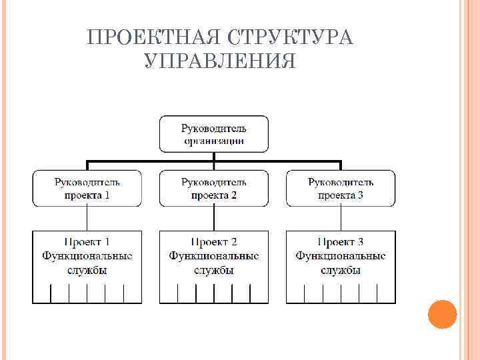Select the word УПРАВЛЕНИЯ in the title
[220, 61]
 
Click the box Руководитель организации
[213, 133]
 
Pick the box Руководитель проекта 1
[87, 188]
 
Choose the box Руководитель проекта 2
[213, 188]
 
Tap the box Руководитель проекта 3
[341, 188]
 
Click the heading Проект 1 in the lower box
[87, 241]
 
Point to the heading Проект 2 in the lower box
[214, 241]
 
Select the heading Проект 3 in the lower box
[341, 241]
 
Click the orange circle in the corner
[442, 314]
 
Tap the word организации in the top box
[214, 141]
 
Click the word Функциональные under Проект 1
[87, 256]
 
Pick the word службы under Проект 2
[214, 271]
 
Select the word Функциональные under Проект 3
[341, 256]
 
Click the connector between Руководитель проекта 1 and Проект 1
[87, 218]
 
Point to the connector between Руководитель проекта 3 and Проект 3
[341, 218]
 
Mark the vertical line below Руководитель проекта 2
[213, 218]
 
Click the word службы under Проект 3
[341, 271]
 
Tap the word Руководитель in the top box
[214, 127]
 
